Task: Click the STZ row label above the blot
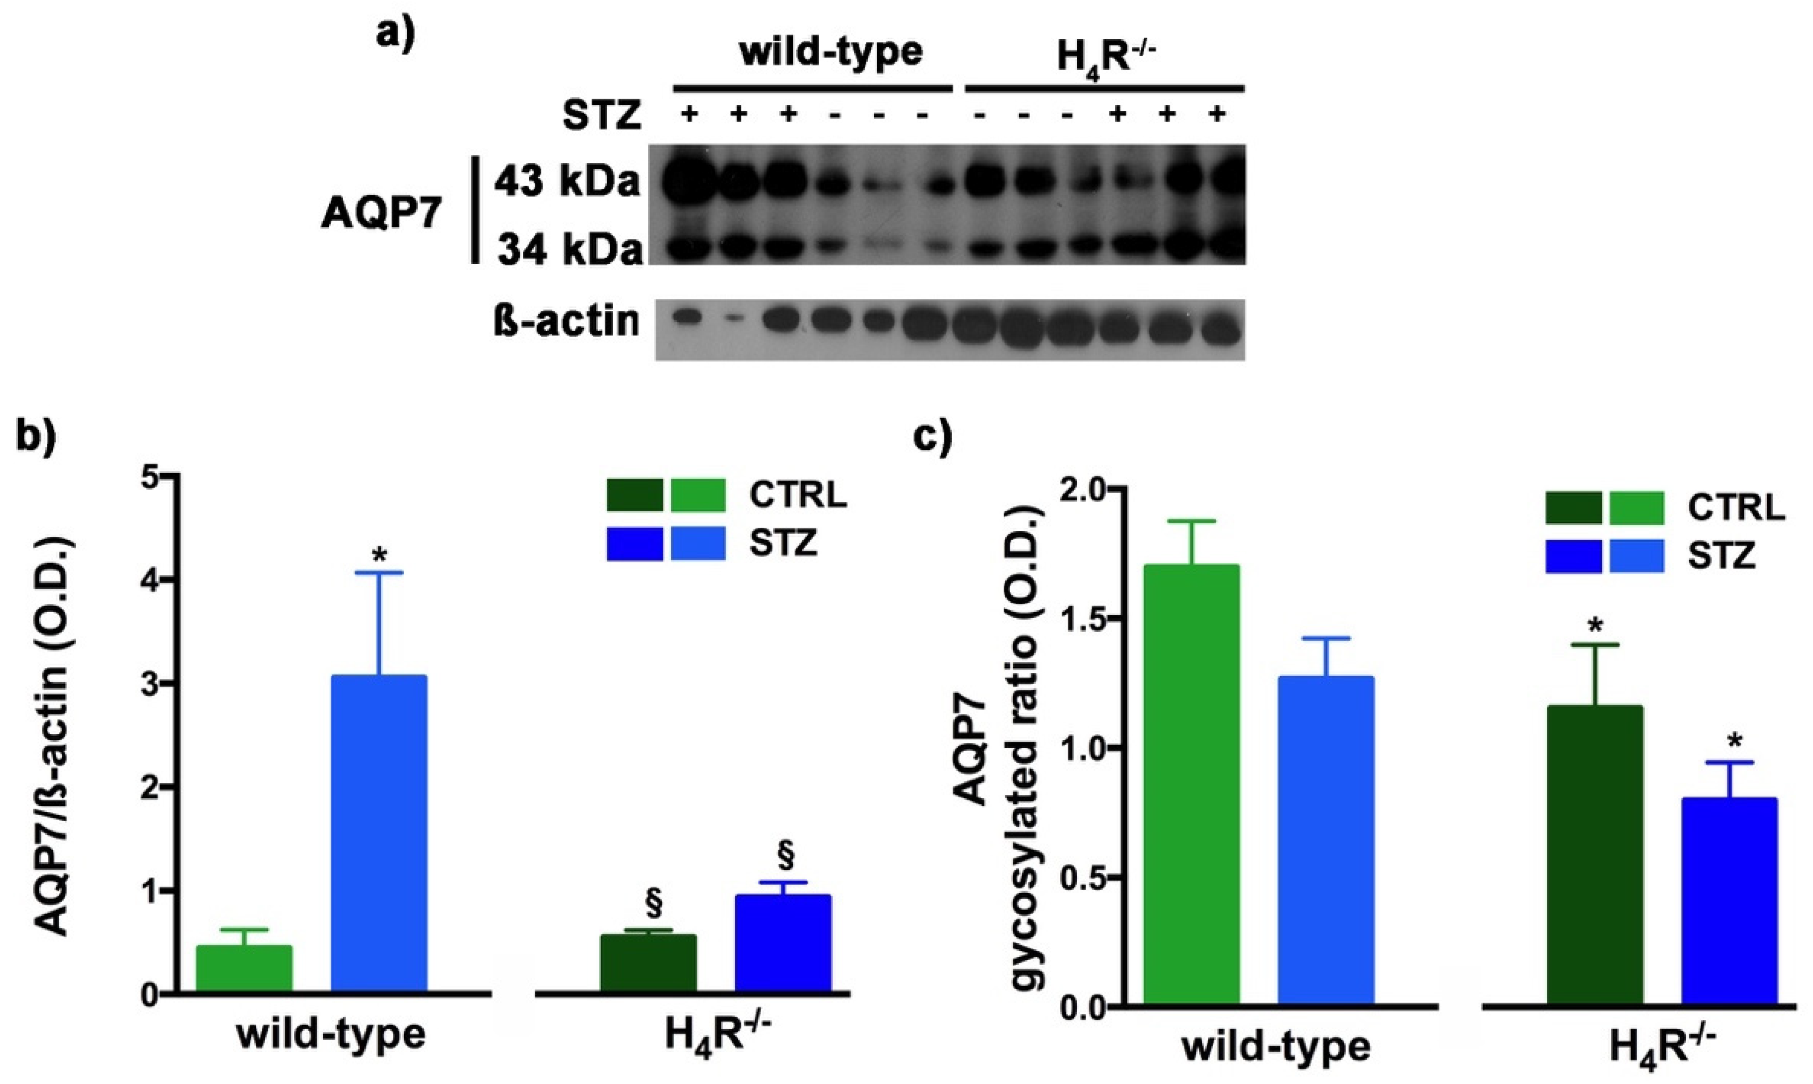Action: pyautogui.click(x=601, y=116)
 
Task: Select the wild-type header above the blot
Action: pyautogui.click(x=831, y=52)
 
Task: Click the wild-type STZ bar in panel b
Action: pyautogui.click(x=378, y=833)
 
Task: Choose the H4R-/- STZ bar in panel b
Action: pyautogui.click(x=783, y=942)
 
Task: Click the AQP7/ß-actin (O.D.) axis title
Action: pyautogui.click(x=52, y=736)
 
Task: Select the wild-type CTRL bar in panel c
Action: pyautogui.click(x=1191, y=785)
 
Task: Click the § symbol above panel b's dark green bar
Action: pyautogui.click(x=654, y=903)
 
